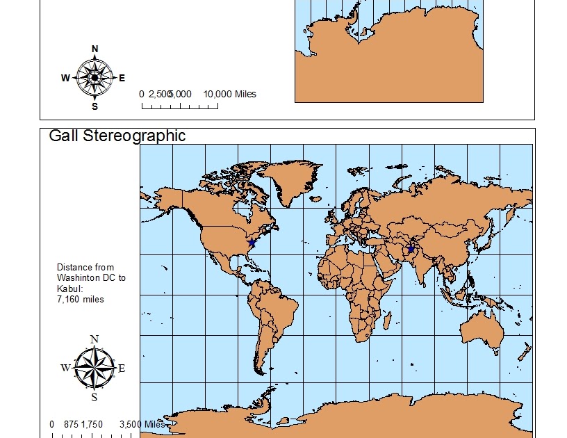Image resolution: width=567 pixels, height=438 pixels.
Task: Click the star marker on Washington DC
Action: tap(251, 243)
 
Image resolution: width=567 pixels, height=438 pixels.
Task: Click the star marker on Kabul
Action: tap(411, 249)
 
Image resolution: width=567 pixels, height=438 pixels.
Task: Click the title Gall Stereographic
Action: tap(117, 136)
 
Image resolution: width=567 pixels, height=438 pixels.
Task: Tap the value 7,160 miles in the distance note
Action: tap(80, 299)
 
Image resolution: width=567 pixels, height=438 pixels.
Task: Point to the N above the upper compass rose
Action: tap(95, 49)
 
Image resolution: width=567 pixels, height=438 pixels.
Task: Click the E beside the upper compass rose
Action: tap(122, 78)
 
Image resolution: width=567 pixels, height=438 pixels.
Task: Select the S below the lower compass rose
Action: tap(94, 398)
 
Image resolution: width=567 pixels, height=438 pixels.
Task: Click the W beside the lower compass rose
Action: tap(65, 368)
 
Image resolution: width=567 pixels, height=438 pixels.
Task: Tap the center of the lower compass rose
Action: tap(94, 367)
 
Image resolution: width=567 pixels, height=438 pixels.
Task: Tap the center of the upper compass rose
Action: tap(95, 77)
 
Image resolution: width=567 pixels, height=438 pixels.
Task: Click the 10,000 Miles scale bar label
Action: tap(229, 94)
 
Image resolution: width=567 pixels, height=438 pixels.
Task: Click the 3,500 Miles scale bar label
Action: tap(142, 424)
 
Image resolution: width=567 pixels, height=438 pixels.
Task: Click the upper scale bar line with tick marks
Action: tap(180, 106)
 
